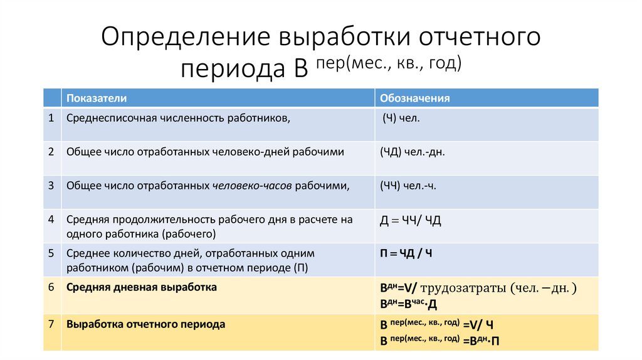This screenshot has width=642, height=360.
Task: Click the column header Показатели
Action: point(97,98)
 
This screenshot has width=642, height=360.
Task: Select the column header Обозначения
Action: point(414,98)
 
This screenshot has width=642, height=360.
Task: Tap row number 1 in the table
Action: point(50,117)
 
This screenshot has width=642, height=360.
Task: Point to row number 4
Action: point(50,220)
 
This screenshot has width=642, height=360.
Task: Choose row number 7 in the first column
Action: point(50,325)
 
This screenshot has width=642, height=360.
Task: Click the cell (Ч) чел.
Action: point(401,117)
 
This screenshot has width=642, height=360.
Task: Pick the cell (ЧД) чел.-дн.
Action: point(412,152)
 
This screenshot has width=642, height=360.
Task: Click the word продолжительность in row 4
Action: point(164,220)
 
